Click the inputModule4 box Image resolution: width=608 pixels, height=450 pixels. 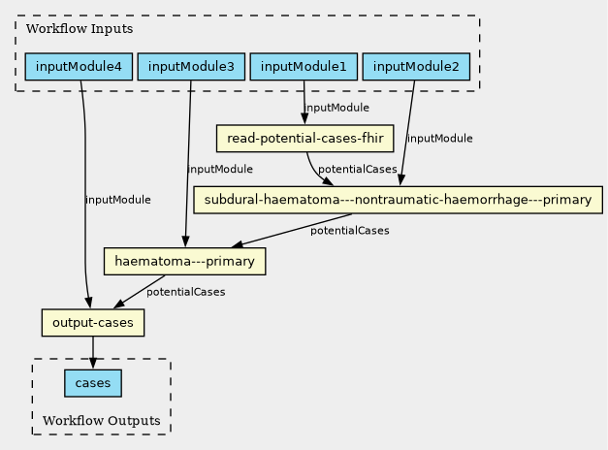point(79,67)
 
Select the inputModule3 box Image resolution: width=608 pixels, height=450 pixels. point(191,67)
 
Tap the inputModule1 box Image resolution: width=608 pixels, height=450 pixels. point(304,67)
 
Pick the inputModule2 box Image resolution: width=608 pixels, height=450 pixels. point(416,67)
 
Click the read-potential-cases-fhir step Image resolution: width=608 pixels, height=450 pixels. point(304,138)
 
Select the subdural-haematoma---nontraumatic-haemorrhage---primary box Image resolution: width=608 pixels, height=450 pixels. point(399,200)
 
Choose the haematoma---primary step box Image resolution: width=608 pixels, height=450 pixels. point(184,262)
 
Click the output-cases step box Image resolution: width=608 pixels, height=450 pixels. point(93,323)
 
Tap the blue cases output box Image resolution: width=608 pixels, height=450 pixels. point(93,383)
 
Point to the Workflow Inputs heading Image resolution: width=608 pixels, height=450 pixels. point(80,29)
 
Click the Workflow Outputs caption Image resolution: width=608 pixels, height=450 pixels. point(102,421)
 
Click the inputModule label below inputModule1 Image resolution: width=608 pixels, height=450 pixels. point(336,108)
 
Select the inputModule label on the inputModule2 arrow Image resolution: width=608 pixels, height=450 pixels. point(440,139)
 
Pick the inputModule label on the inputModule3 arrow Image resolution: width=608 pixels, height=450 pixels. point(220,169)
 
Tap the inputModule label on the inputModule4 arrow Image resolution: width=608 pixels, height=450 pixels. point(118,200)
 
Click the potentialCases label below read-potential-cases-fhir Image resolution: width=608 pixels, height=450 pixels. point(358,169)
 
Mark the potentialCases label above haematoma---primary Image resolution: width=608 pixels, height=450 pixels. point(350,231)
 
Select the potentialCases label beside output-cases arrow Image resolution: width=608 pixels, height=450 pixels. point(186,292)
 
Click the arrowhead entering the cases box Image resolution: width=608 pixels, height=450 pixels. point(93,364)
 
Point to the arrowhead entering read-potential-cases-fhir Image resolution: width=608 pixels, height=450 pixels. point(304,119)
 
